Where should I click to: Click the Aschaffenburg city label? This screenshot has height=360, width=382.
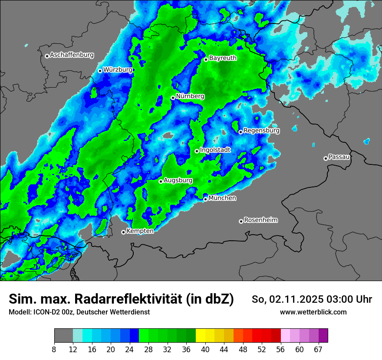click(x=72, y=55)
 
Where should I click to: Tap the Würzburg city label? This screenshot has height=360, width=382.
click(x=118, y=70)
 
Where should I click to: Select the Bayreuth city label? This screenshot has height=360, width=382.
click(x=223, y=58)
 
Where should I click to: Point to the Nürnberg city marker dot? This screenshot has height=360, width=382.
click(x=173, y=98)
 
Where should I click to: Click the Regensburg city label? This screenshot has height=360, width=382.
click(x=261, y=131)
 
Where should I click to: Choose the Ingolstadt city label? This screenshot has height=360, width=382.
click(x=215, y=150)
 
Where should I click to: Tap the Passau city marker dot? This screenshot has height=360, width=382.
click(x=326, y=158)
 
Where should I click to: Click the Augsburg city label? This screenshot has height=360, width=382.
click(x=178, y=180)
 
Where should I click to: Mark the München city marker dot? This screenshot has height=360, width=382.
click(x=205, y=200)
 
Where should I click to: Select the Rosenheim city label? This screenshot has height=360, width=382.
click(x=261, y=220)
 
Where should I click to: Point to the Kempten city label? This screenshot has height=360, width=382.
click(x=140, y=231)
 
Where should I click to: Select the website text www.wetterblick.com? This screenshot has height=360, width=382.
click(x=313, y=312)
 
